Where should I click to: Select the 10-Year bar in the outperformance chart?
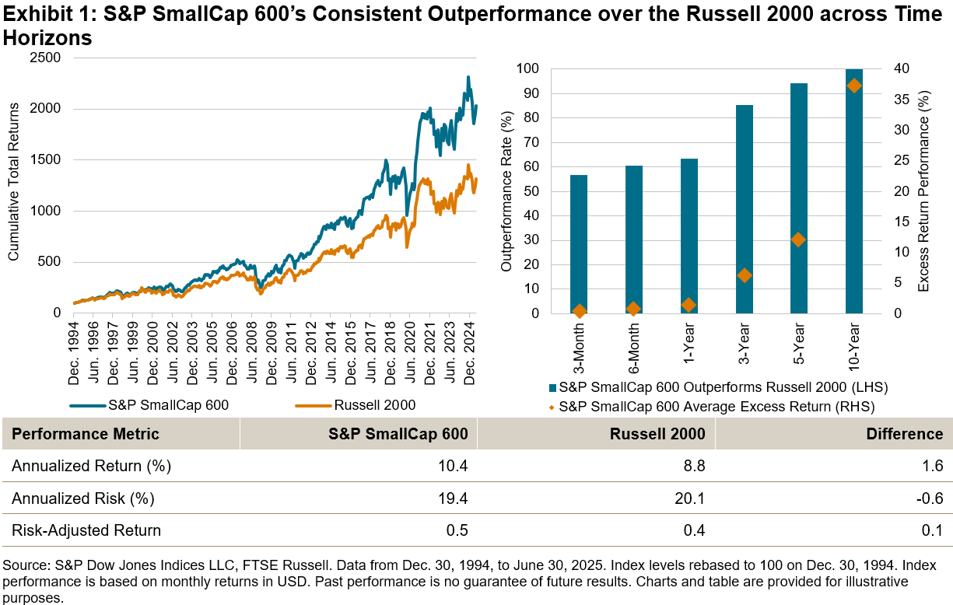click(x=854, y=191)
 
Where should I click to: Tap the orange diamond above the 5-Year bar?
click(x=799, y=240)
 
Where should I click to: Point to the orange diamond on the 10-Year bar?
click(x=854, y=86)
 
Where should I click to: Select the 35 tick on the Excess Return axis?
click(x=900, y=100)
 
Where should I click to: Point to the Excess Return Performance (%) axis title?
click(x=924, y=191)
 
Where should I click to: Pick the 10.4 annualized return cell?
click(x=454, y=466)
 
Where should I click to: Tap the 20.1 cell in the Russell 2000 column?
click(x=691, y=498)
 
